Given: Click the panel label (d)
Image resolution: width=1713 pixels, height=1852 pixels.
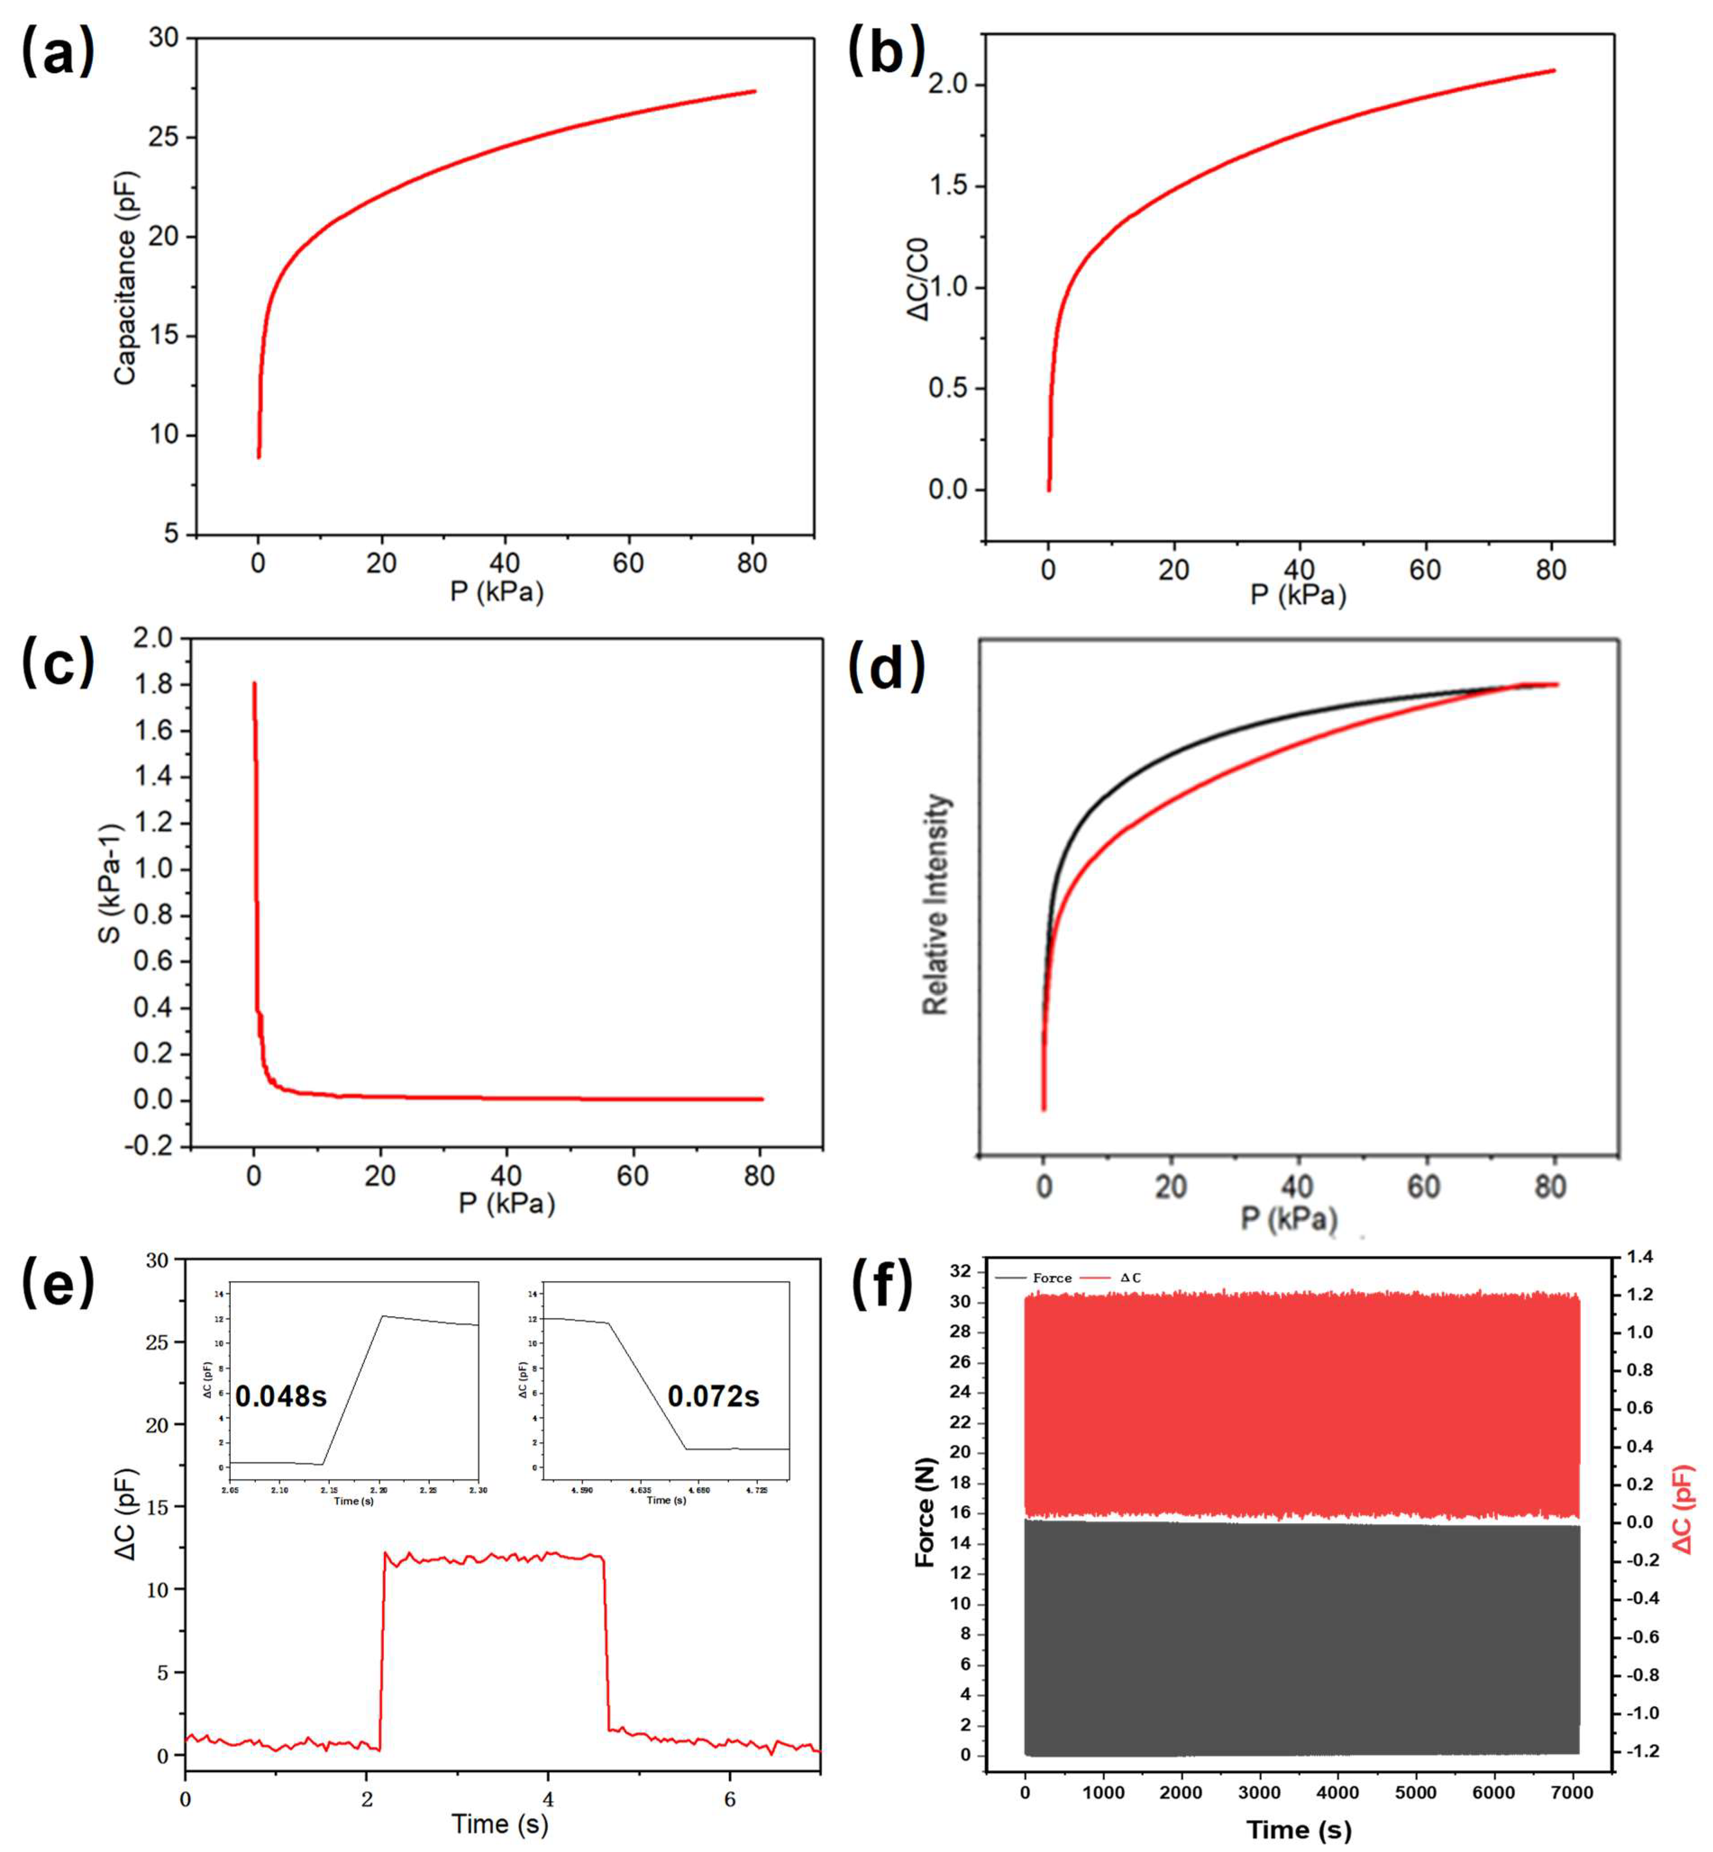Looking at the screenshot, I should (887, 667).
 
